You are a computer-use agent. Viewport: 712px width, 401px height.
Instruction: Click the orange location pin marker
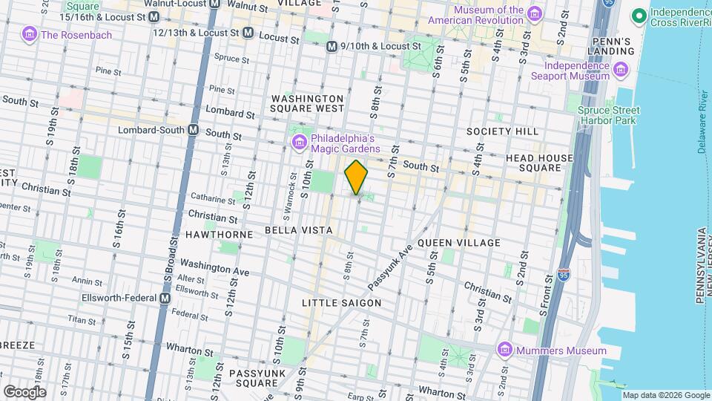coord(356,177)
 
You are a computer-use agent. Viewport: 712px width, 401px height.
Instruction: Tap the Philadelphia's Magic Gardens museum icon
coord(300,141)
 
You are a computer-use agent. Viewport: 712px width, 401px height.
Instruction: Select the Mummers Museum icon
coord(505,351)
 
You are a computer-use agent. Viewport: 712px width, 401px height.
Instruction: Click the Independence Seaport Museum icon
coord(621,71)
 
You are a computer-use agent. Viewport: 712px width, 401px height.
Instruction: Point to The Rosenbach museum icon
coord(30,34)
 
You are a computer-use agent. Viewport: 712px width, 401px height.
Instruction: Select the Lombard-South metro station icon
coord(193,130)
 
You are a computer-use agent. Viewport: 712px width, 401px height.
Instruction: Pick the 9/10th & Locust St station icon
coord(333,46)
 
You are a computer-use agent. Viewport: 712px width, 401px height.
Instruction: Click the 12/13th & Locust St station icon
coord(248,33)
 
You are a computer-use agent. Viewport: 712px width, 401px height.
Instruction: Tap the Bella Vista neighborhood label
coord(300,231)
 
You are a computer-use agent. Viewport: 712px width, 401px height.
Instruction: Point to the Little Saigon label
coord(342,303)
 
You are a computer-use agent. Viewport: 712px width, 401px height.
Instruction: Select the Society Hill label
coord(502,131)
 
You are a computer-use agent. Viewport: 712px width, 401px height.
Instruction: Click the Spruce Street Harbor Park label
coord(608,115)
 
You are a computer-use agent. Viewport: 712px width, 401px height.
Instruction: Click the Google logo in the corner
coord(24,391)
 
